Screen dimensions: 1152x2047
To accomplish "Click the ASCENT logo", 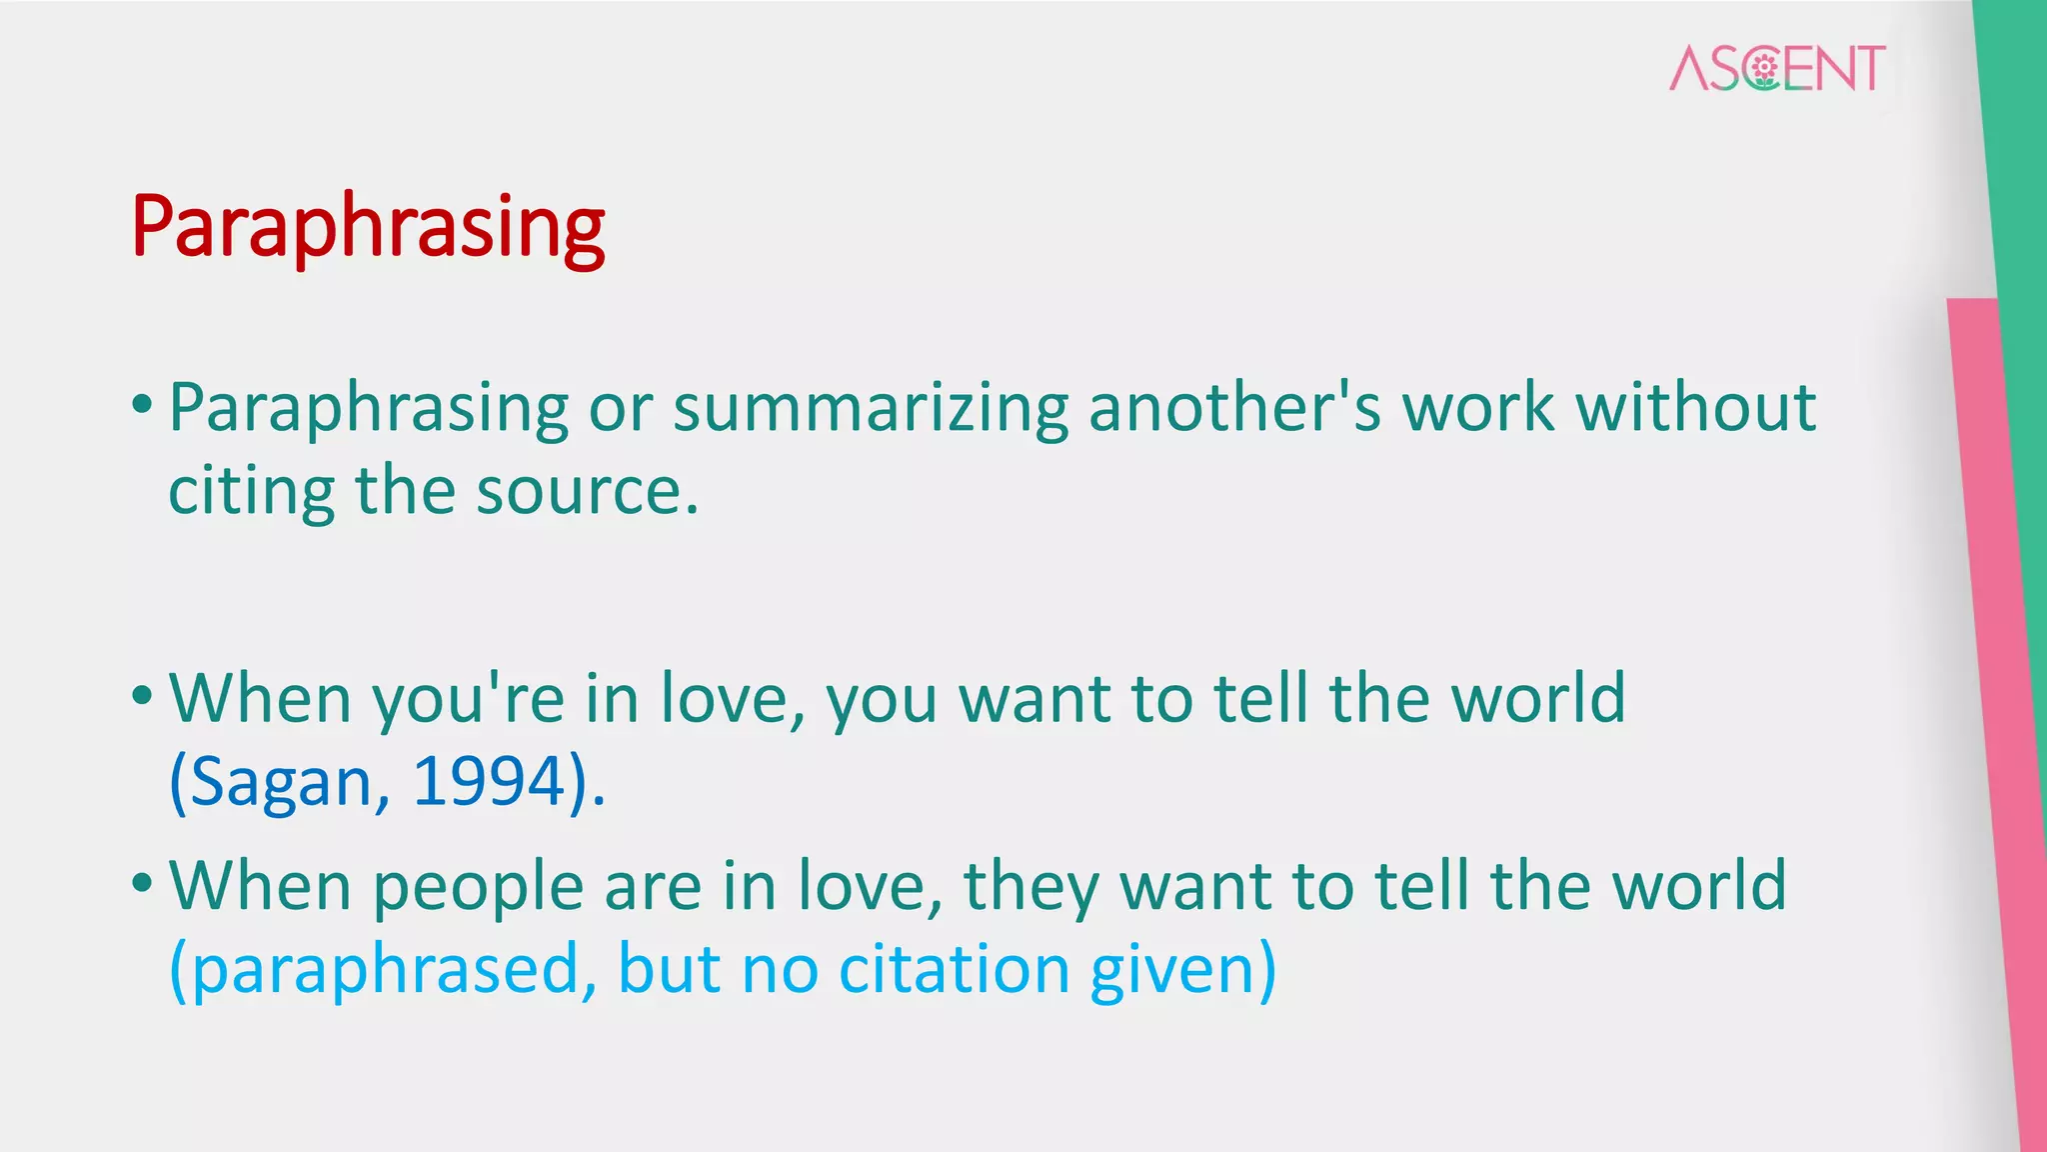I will (x=1777, y=68).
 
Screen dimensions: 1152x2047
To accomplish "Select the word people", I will (x=478, y=887).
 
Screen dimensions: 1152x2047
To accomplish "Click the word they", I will (x=1029, y=887).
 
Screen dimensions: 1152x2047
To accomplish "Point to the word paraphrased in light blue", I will (x=386, y=970).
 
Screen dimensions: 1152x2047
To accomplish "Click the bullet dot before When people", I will (x=142, y=883).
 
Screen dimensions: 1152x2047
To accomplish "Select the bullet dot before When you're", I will (x=142, y=695).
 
